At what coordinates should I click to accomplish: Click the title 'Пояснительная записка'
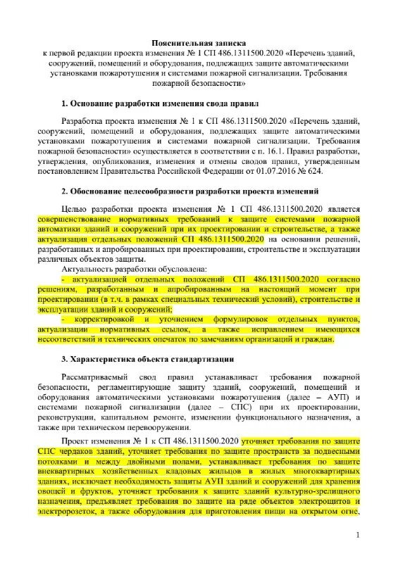199,42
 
